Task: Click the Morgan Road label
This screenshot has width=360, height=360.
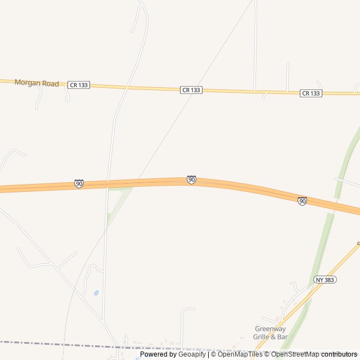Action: tap(37, 83)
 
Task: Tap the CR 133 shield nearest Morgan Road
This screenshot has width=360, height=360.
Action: tap(78, 85)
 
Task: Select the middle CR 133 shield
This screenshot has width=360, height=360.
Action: tap(191, 90)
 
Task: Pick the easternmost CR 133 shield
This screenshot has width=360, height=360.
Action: tap(310, 93)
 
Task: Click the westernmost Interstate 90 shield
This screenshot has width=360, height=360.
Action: tap(79, 184)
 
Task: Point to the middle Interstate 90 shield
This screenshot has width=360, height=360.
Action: tap(191, 179)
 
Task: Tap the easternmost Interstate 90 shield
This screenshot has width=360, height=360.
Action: tap(302, 201)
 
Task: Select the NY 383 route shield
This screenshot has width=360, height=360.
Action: tap(325, 280)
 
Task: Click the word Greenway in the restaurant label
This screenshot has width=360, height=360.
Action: tap(270, 329)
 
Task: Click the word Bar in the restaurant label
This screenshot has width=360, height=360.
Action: tap(282, 337)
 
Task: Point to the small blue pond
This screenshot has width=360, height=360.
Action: tap(96, 293)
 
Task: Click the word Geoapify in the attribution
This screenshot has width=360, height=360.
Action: tap(192, 354)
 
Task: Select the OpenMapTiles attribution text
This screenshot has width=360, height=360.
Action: tap(240, 354)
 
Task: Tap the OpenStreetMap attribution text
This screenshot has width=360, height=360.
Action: tap(295, 354)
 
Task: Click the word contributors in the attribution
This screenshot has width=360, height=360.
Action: tap(340, 354)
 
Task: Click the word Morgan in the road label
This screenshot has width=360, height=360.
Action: tap(26, 83)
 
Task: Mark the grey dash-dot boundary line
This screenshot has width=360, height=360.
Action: tap(56, 344)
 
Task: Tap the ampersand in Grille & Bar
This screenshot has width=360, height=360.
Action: tap(273, 337)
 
